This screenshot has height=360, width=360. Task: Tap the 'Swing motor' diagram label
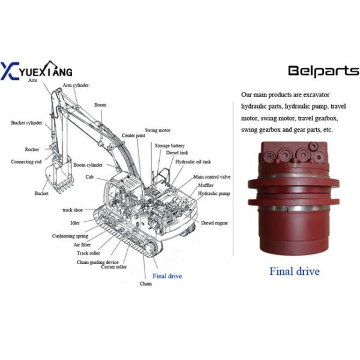[x=157, y=130]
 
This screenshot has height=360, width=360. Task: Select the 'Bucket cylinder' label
[x=26, y=123]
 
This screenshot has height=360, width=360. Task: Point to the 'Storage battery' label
[x=170, y=145]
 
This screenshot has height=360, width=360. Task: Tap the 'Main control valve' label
[x=212, y=178]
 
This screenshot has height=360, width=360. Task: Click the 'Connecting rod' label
[x=26, y=161]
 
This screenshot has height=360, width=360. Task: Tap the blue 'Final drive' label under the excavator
[x=167, y=276]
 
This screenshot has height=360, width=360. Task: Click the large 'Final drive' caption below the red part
[x=294, y=271]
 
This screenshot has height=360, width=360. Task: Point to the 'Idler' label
[x=75, y=223]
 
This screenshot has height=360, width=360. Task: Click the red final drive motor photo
[x=294, y=198]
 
